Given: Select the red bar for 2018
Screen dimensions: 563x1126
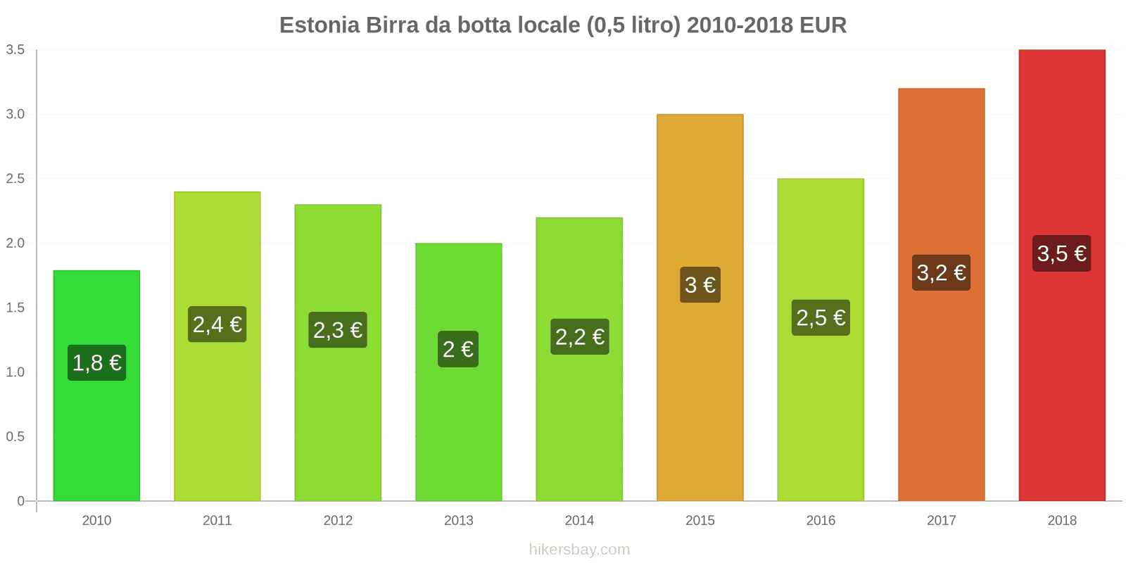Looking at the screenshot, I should [x=1061, y=387].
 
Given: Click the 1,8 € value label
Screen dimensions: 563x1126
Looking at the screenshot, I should [x=96, y=363].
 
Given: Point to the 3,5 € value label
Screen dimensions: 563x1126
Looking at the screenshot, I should [x=1061, y=253].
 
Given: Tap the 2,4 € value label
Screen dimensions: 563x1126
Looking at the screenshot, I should [x=217, y=324].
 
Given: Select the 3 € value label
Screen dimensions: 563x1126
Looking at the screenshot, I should [x=700, y=285].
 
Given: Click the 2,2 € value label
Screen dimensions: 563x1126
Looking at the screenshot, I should [x=579, y=337].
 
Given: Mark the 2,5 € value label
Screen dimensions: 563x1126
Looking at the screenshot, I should [x=821, y=318].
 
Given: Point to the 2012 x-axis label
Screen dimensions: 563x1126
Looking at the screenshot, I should [x=338, y=521].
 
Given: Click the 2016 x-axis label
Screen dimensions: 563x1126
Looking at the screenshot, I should [x=821, y=521].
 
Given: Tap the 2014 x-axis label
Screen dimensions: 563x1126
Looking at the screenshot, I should [x=579, y=521].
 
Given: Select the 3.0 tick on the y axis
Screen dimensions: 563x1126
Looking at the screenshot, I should [x=15, y=114].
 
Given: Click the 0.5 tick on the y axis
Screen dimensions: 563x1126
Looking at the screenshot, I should [x=15, y=436].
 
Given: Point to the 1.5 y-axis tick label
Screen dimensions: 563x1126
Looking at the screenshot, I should [x=15, y=308].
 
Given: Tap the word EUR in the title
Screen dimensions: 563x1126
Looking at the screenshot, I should [x=823, y=25].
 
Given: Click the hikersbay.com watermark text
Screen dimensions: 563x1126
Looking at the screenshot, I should [x=579, y=550].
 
